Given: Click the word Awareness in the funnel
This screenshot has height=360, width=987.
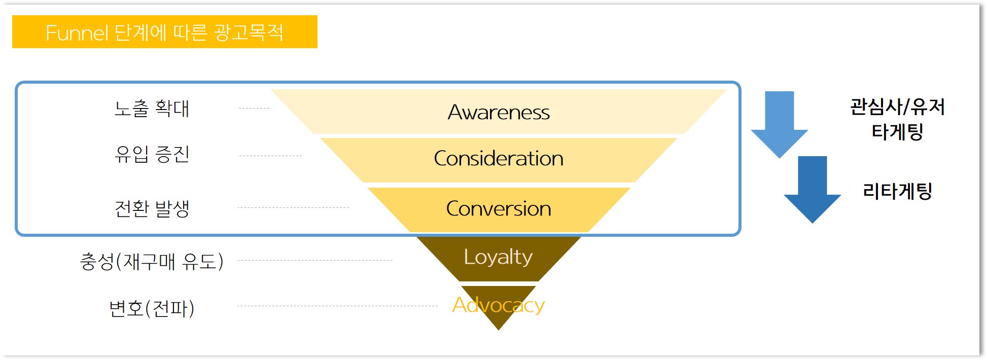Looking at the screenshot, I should (x=499, y=112).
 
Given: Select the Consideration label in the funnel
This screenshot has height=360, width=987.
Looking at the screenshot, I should (x=499, y=159).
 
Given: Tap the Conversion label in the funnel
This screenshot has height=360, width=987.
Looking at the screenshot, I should (x=499, y=209).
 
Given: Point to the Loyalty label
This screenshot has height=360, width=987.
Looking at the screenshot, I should (x=498, y=257).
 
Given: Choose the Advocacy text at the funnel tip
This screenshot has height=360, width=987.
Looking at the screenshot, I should (x=498, y=305).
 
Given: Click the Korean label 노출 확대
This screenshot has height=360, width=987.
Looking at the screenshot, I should (x=152, y=109).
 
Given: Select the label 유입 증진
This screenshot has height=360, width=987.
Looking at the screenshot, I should (x=152, y=154).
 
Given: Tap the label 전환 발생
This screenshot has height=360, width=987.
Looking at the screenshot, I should (x=152, y=208).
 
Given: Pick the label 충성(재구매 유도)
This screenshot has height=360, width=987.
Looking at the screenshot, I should (x=152, y=262).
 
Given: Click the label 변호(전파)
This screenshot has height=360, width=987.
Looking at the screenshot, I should (x=152, y=308).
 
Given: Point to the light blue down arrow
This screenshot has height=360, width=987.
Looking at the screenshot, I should (x=779, y=124).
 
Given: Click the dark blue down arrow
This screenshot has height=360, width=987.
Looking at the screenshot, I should (x=812, y=189).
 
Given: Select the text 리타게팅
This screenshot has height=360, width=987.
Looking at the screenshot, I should (x=897, y=191).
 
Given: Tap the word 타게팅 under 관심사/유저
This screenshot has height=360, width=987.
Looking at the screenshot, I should (x=897, y=132).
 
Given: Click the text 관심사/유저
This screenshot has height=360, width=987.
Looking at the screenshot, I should (x=897, y=107).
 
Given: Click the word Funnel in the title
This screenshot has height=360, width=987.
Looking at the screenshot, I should (x=77, y=33).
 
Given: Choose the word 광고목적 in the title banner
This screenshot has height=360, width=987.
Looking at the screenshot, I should (x=249, y=32).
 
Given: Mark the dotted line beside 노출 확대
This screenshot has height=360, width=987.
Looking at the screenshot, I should (x=254, y=108).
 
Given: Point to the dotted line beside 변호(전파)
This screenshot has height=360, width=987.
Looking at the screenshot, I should (x=337, y=306).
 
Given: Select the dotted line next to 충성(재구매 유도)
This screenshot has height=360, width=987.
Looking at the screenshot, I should (x=314, y=260).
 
